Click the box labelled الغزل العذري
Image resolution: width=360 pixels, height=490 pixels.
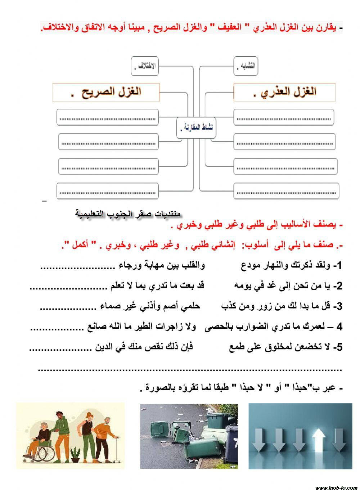coord(284,92)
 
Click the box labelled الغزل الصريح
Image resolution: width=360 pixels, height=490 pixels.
coord(106,92)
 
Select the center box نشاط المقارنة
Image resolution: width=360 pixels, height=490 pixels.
coord(196,127)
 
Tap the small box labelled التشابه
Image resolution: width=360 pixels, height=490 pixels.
coord(246,66)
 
